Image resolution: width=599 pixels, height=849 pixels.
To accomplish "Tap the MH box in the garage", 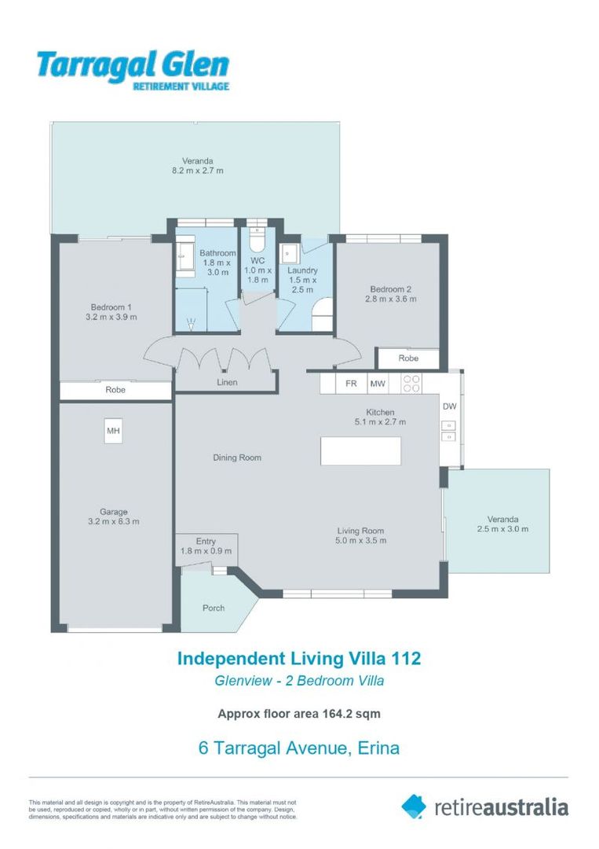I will (x=114, y=431).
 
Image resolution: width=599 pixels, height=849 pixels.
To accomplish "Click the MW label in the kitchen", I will (x=378, y=384).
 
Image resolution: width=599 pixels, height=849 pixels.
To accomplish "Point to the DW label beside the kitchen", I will (x=449, y=406).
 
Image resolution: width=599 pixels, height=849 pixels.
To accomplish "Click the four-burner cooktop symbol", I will (x=411, y=384).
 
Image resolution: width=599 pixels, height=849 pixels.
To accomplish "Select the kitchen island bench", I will (x=360, y=451).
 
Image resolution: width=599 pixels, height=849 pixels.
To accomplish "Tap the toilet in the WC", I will (x=257, y=237).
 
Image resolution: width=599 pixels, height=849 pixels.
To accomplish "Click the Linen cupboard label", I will (x=226, y=383).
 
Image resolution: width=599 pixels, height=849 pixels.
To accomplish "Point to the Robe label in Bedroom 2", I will (x=408, y=358).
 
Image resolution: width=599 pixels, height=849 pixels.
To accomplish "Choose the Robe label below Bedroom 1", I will (x=115, y=390).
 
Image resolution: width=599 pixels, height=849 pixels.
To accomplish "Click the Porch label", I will (x=213, y=608).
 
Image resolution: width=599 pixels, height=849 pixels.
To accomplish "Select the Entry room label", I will (x=205, y=541).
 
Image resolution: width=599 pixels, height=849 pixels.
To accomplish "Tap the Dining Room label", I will (x=237, y=458).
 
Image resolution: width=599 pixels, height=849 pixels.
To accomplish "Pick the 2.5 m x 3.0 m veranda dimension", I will (x=502, y=529).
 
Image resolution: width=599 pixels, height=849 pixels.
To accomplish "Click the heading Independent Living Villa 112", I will (x=298, y=658).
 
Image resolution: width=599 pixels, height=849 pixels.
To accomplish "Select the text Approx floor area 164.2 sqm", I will (x=298, y=715).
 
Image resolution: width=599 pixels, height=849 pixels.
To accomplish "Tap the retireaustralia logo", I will (x=484, y=807).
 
